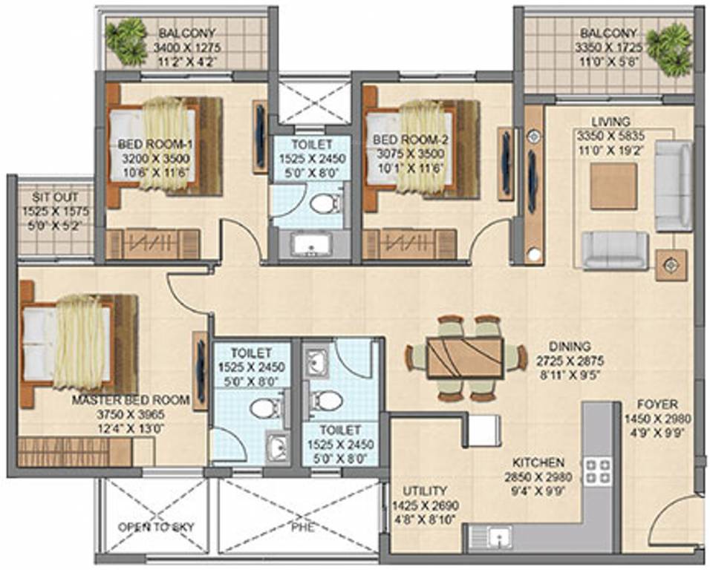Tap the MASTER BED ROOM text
[131, 400]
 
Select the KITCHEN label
[538, 463]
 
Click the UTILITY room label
[425, 491]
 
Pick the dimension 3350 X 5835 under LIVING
[610, 135]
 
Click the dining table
[465, 358]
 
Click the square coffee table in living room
[613, 186]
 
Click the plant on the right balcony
[669, 50]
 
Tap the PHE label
[302, 527]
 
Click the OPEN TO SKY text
[156, 527]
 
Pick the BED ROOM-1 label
[155, 144]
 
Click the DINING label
[570, 347]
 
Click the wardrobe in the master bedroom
[86, 452]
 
